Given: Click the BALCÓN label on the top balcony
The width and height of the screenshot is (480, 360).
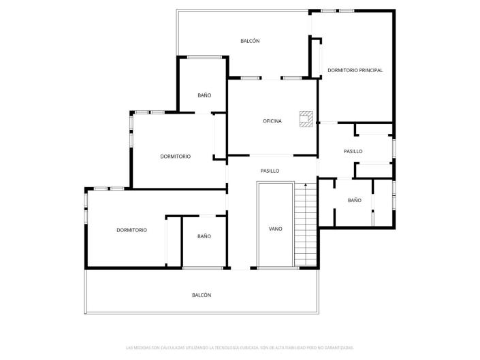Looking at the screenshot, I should (x=250, y=42).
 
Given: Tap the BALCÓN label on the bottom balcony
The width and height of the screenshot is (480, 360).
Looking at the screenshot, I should (x=202, y=295).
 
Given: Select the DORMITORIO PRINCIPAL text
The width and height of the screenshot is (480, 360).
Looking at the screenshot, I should (x=355, y=70).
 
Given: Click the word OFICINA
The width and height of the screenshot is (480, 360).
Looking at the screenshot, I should (x=272, y=122).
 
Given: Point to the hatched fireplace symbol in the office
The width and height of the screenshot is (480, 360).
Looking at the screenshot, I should (x=306, y=119).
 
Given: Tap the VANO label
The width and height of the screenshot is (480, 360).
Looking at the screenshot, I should (x=275, y=229).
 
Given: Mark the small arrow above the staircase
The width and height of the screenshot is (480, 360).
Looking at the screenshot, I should (x=306, y=184).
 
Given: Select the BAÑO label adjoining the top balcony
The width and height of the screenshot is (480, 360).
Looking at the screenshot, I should (x=204, y=95).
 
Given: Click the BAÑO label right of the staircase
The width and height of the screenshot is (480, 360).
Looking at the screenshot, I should (x=354, y=200).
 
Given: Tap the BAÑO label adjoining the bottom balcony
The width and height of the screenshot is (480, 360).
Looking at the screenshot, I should (x=204, y=236).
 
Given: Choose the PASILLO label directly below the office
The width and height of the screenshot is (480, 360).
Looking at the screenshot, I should (x=270, y=171).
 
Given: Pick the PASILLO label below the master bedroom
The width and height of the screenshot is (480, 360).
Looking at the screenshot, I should (x=353, y=152).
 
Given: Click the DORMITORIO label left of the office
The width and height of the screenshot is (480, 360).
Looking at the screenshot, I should (x=175, y=157).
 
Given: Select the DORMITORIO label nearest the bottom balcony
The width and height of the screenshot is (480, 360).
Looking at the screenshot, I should (x=131, y=230).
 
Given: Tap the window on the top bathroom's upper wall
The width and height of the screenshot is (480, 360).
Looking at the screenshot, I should (x=202, y=56).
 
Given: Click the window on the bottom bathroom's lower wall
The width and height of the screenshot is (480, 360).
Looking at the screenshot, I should (x=203, y=269).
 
